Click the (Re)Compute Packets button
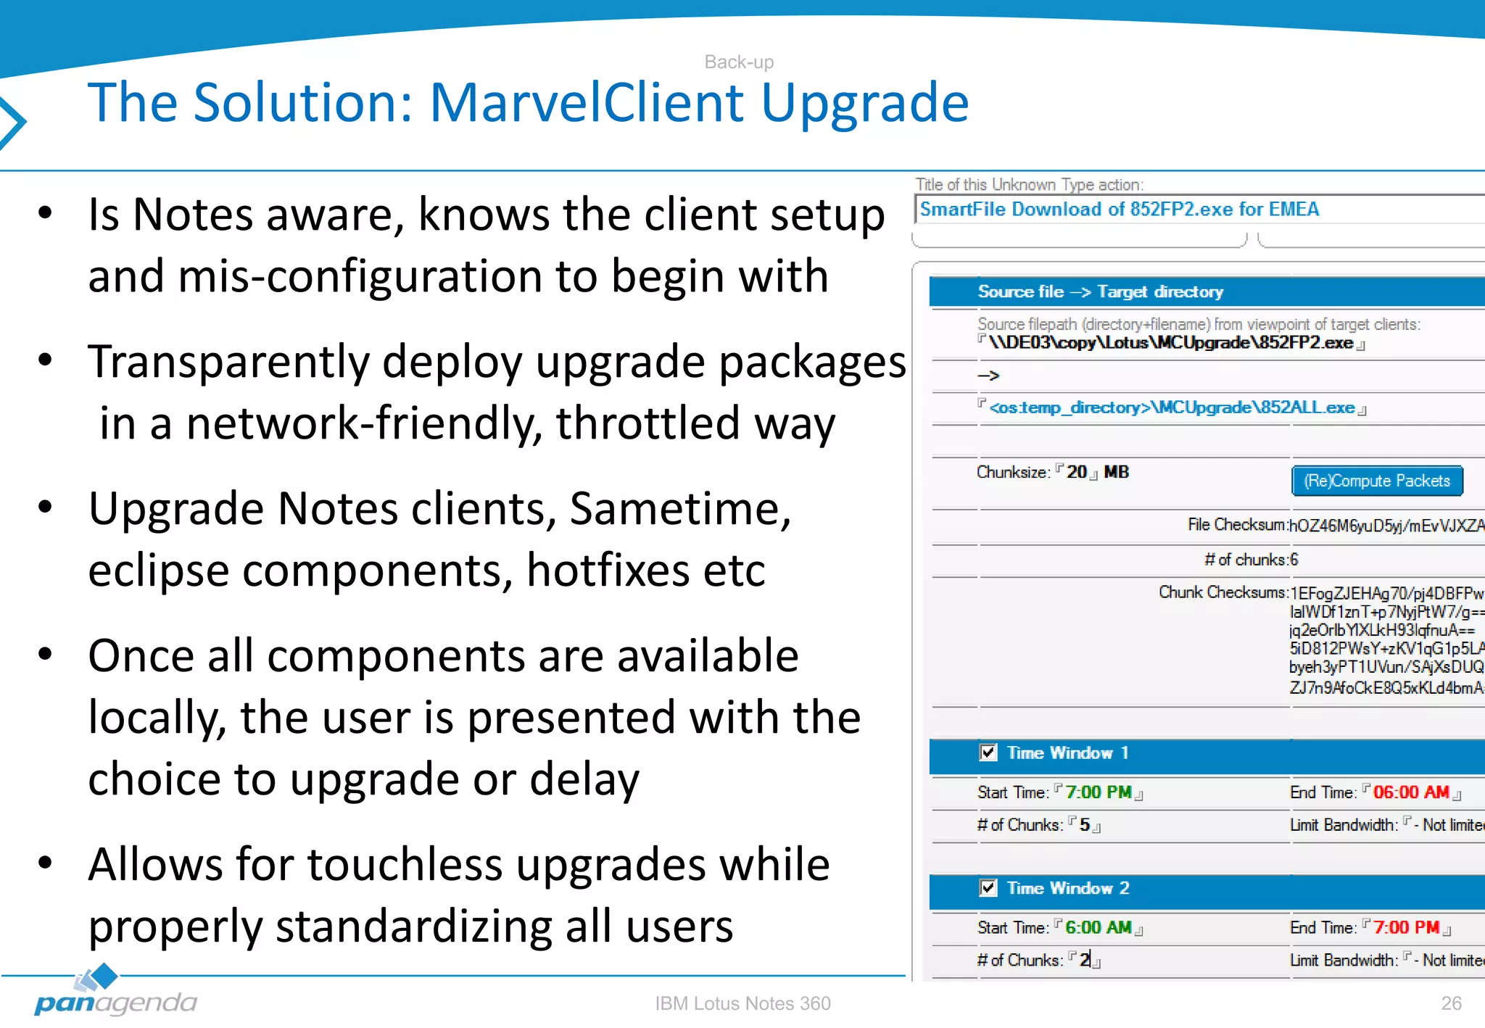point(1376,481)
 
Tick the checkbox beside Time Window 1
point(988,753)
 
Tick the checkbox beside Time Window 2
point(988,888)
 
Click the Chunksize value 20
point(1077,472)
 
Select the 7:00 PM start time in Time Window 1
point(1098,792)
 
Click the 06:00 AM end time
point(1410,792)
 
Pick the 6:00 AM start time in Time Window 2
point(1098,928)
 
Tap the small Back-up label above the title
point(739,62)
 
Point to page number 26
point(1451,1003)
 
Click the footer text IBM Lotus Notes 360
point(742,1003)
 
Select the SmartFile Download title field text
point(1119,210)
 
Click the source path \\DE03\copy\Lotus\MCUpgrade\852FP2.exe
point(1170,343)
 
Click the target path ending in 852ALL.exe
point(1172,408)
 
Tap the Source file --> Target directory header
point(1100,291)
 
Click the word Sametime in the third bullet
point(679,509)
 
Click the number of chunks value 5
point(1085,825)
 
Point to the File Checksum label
point(1236,525)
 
